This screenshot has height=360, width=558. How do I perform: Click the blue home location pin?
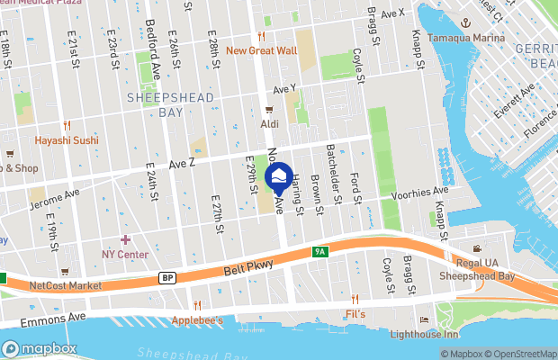click(279, 175)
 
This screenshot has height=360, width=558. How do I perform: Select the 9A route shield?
click(320, 252)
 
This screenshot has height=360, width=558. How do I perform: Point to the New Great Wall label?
click(261, 50)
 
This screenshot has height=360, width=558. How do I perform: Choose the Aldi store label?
click(269, 122)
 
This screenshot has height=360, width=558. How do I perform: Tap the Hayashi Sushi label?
click(66, 140)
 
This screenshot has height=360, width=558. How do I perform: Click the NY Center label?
click(125, 254)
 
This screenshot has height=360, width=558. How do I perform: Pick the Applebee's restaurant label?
click(199, 319)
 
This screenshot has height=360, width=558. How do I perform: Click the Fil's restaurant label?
click(355, 314)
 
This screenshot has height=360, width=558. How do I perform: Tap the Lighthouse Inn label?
click(426, 335)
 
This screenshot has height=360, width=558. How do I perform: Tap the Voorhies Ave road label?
click(420, 193)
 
